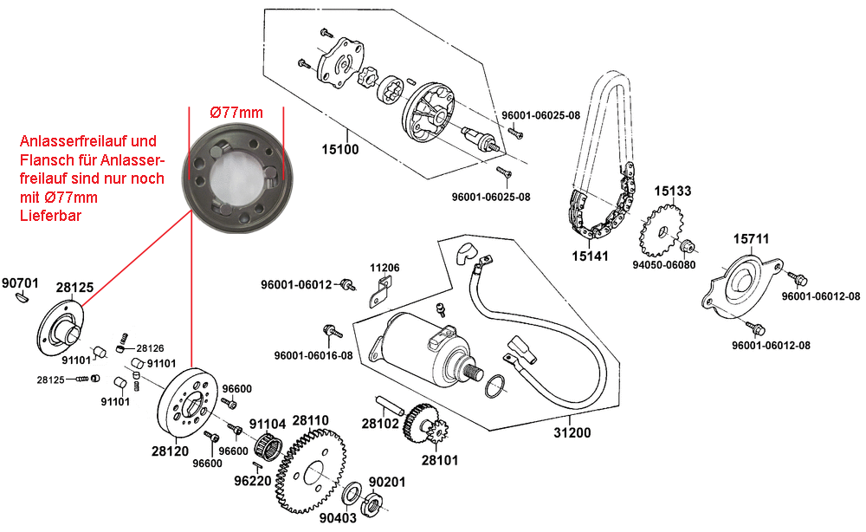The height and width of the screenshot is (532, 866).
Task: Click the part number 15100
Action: click(339, 148)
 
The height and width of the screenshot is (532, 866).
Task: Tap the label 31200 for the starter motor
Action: click(573, 431)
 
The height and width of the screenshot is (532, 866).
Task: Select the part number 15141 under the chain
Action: click(591, 256)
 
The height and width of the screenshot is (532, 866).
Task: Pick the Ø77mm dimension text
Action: click(236, 112)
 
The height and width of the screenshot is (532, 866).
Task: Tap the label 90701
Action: click(19, 282)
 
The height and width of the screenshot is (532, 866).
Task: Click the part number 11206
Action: click(385, 268)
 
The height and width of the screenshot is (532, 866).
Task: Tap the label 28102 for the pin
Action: click(379, 425)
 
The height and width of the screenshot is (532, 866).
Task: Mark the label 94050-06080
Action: click(664, 265)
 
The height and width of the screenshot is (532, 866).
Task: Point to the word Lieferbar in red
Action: click(50, 216)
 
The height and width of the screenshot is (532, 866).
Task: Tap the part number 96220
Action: click(252, 480)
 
